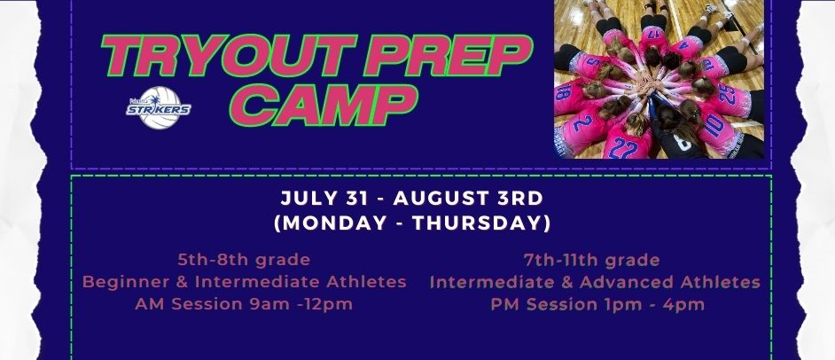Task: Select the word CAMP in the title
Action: click(x=324, y=105)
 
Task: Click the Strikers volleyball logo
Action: click(x=159, y=108)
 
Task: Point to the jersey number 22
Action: click(x=623, y=146)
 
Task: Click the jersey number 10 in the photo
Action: click(x=714, y=126)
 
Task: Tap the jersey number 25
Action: click(x=726, y=94)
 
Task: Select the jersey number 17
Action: click(x=653, y=33)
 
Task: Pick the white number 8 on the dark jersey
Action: click(x=683, y=142)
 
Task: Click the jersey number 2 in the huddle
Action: click(x=582, y=122)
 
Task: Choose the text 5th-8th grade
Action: click(x=244, y=260)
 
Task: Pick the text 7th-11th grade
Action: click(x=591, y=260)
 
